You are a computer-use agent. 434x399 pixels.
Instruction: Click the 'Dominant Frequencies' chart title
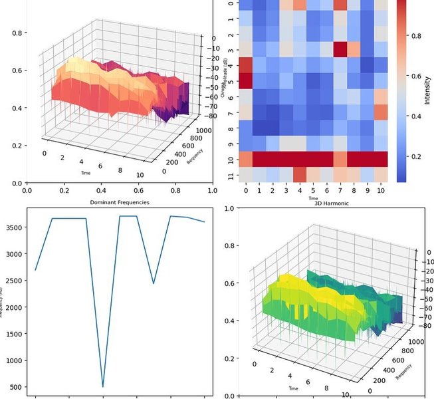(x=119, y=201)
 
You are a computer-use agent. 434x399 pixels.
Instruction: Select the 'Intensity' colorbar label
(x=427, y=93)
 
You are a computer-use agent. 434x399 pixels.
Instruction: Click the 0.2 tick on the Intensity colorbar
(x=415, y=157)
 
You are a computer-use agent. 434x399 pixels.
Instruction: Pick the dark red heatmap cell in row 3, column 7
(x=340, y=50)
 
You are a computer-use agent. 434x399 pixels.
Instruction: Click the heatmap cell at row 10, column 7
(x=340, y=159)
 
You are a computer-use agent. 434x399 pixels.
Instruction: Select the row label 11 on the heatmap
(x=231, y=176)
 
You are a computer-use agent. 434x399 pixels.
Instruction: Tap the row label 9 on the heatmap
(x=231, y=144)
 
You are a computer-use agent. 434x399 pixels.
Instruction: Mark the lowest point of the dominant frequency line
(x=103, y=386)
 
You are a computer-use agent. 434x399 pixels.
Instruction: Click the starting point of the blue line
(x=35, y=269)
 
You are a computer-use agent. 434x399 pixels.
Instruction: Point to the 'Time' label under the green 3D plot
(x=293, y=387)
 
